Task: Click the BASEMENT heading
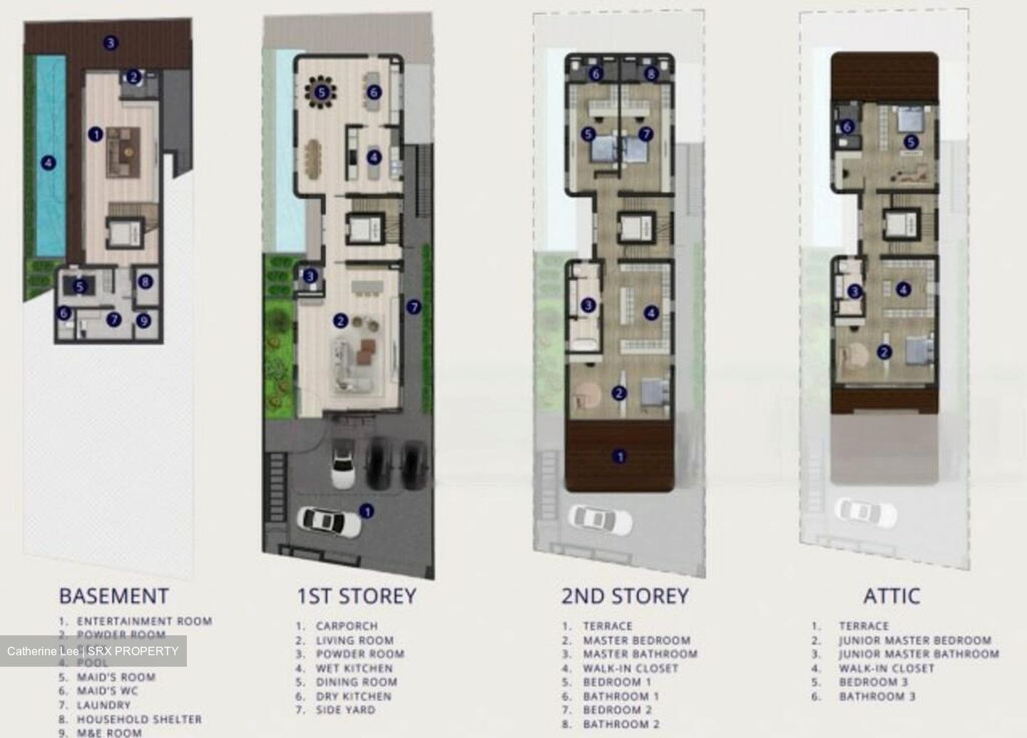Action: (x=113, y=596)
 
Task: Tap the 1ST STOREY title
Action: (x=356, y=596)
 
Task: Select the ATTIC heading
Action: (x=891, y=596)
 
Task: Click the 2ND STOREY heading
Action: (x=625, y=596)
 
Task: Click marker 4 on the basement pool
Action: (x=48, y=163)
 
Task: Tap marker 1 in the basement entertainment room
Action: (x=95, y=133)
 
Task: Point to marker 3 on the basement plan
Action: (x=110, y=43)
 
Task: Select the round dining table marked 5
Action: (x=322, y=91)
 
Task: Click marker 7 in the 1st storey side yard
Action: (x=414, y=307)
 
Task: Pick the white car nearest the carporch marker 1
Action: (x=330, y=519)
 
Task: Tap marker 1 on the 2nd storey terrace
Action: (x=620, y=456)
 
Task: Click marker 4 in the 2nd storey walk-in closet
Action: (x=650, y=312)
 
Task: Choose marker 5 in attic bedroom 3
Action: (x=910, y=142)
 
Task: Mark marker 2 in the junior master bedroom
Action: (x=884, y=352)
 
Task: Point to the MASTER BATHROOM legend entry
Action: (x=640, y=654)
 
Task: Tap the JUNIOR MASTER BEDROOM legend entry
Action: (x=915, y=640)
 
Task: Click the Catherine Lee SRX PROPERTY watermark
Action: (x=93, y=651)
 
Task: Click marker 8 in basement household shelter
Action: (x=145, y=282)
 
